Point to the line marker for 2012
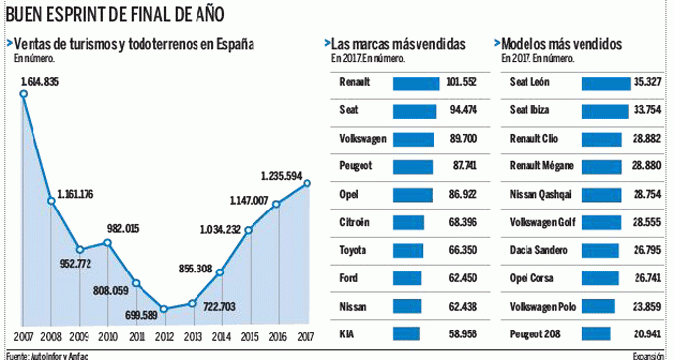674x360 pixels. point(163,309)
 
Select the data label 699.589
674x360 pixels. point(140,315)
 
